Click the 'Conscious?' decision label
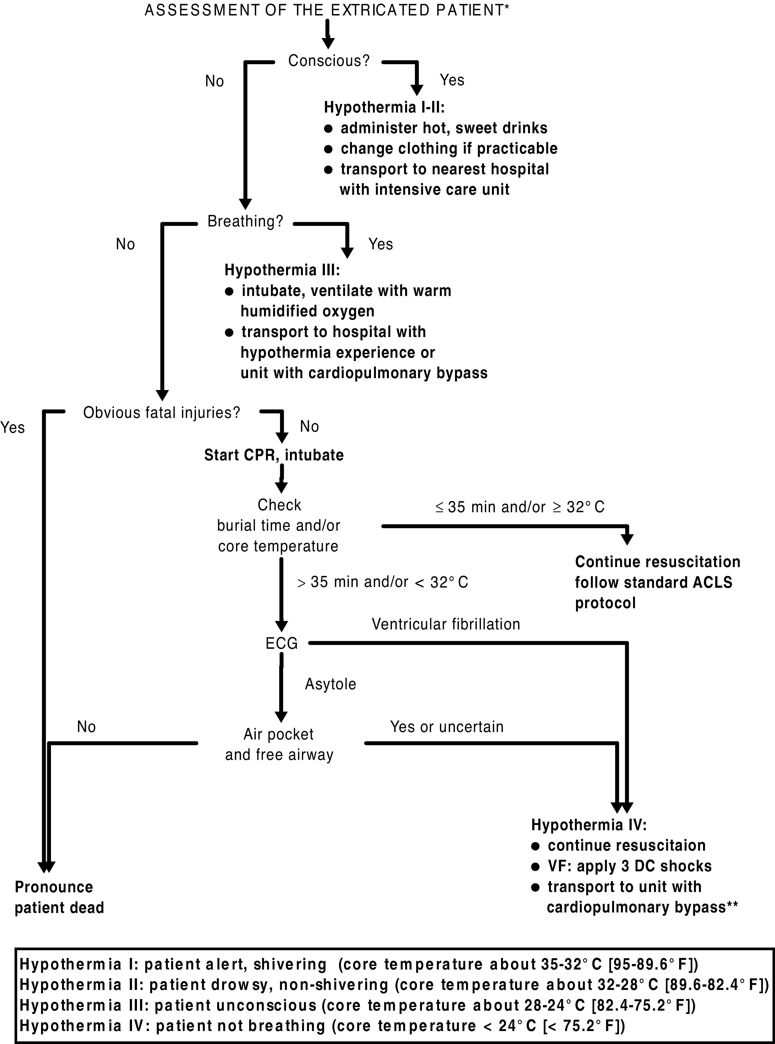(x=329, y=61)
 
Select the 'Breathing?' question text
(x=245, y=221)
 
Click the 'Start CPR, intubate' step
(x=274, y=455)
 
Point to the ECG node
(x=281, y=643)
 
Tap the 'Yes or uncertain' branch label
(x=446, y=727)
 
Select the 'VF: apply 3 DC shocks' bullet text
(x=629, y=866)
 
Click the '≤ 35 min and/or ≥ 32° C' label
(x=520, y=507)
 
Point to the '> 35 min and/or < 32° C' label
(x=383, y=582)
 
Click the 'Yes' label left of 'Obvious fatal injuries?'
(x=13, y=427)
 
